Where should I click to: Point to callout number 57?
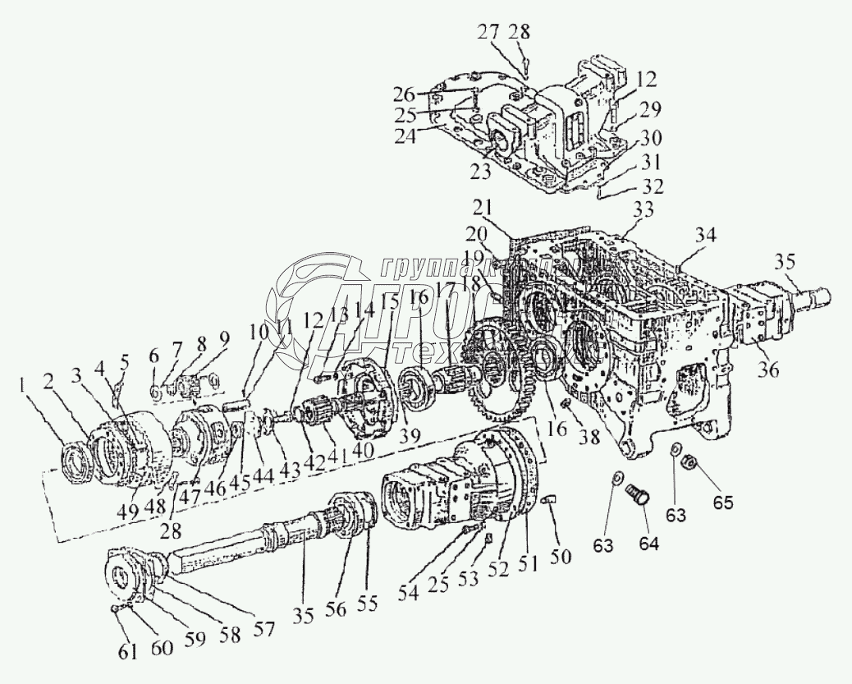tap(263, 628)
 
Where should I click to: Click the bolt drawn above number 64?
tap(637, 495)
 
